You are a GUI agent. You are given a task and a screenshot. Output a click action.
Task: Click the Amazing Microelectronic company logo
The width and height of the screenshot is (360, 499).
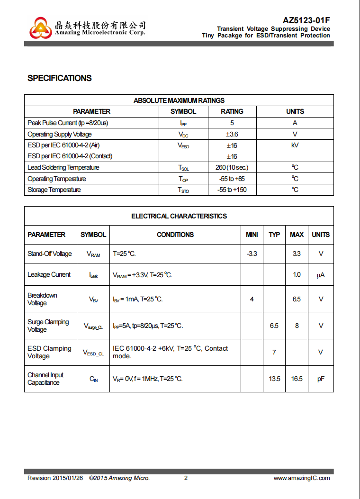pyautogui.click(x=40, y=28)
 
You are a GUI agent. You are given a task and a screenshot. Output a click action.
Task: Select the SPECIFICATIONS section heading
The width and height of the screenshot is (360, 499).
pyautogui.click(x=60, y=78)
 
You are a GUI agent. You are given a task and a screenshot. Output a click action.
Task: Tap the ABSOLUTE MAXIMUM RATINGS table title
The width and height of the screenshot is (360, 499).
pyautogui.click(x=179, y=100)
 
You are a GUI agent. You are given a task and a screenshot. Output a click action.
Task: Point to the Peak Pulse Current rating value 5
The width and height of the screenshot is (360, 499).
pyautogui.click(x=232, y=123)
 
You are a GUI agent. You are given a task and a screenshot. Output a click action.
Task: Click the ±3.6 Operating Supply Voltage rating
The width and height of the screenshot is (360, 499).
pyautogui.click(x=232, y=134)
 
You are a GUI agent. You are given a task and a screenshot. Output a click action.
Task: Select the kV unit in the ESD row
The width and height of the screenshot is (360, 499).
pyautogui.click(x=295, y=145)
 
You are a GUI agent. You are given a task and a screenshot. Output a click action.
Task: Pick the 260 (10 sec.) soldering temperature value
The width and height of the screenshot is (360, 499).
pyautogui.click(x=232, y=167)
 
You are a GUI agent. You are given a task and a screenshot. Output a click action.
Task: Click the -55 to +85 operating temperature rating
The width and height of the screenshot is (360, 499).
pyautogui.click(x=232, y=179)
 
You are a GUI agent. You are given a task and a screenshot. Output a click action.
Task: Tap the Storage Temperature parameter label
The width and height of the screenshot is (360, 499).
pyautogui.click(x=54, y=190)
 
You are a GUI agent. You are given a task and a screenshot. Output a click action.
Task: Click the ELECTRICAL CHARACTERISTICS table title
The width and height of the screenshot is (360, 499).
pyautogui.click(x=179, y=216)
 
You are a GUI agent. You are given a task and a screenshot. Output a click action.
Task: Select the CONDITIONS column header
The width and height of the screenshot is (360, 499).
pyautogui.click(x=175, y=235)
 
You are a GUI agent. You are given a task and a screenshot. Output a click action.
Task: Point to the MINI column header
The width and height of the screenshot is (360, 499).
pyautogui.click(x=252, y=235)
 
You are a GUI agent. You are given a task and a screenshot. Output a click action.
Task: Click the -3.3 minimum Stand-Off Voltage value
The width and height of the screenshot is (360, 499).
pyautogui.click(x=252, y=254)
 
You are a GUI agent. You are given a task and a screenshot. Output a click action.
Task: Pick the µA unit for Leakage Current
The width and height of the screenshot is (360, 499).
pyautogui.click(x=321, y=275)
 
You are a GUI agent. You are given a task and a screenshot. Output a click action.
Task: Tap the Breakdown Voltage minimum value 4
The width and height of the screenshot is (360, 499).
pyautogui.click(x=252, y=299)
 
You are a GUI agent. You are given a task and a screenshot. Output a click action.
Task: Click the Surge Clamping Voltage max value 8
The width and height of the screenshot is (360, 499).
pyautogui.click(x=297, y=326)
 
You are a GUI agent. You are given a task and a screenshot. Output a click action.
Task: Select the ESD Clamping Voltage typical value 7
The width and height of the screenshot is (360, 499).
pyautogui.click(x=274, y=352)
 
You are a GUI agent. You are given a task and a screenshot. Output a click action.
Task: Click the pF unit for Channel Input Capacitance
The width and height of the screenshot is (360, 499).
pyautogui.click(x=321, y=379)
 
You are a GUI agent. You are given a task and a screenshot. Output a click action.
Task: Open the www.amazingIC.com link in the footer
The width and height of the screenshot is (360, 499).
pyautogui.click(x=302, y=478)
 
